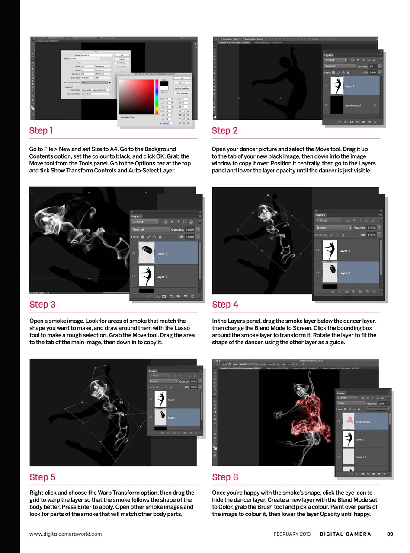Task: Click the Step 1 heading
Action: click(x=41, y=130)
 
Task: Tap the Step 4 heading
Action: click(x=225, y=304)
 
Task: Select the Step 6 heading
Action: click(x=225, y=477)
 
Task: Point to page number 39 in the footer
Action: click(x=390, y=534)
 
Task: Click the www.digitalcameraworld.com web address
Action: click(x=65, y=534)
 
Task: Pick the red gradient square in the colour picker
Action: click(x=136, y=96)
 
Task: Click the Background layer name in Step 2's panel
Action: click(x=353, y=105)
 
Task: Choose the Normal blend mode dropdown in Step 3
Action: click(x=150, y=229)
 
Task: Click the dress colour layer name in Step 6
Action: click(x=363, y=422)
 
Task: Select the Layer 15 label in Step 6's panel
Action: click(x=361, y=457)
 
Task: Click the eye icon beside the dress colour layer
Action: click(x=338, y=422)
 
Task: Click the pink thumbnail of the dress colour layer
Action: click(x=348, y=422)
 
